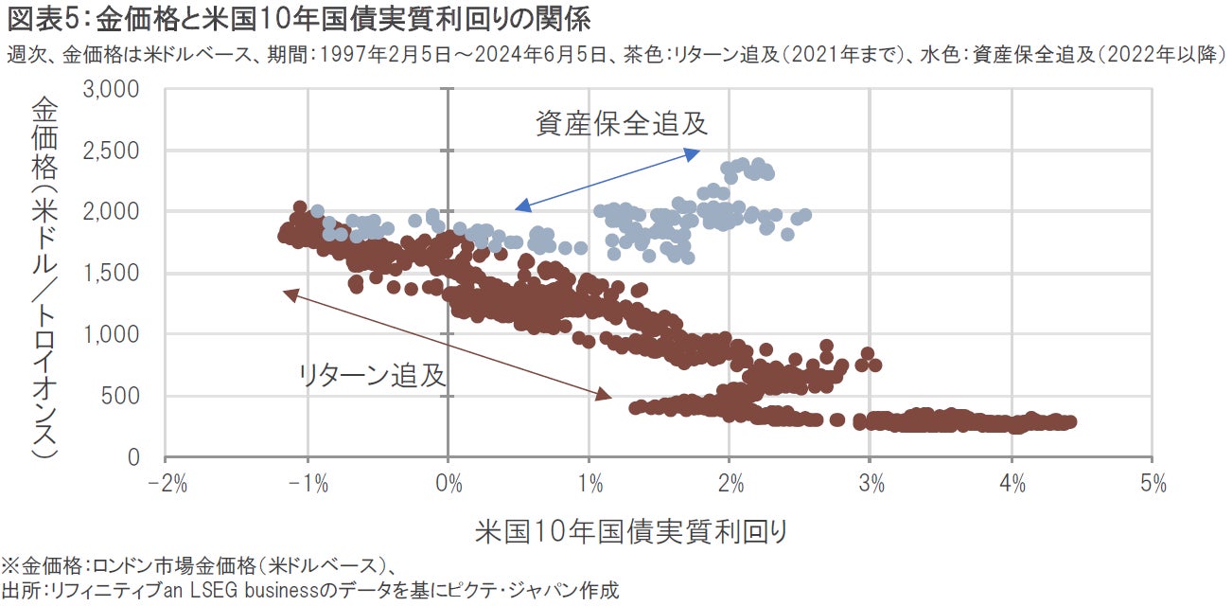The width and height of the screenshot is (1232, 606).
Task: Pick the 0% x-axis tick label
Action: [x=449, y=486]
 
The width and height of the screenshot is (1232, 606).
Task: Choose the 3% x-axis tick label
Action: [x=871, y=486]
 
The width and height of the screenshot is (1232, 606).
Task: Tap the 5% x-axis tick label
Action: [x=1153, y=486]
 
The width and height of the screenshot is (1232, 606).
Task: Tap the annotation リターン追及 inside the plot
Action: [x=372, y=375]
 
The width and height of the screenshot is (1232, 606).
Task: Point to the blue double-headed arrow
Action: [x=607, y=179]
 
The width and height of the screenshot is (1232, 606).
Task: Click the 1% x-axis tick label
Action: [x=590, y=486]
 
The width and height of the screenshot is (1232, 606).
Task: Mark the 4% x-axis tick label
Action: [x=1012, y=486]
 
